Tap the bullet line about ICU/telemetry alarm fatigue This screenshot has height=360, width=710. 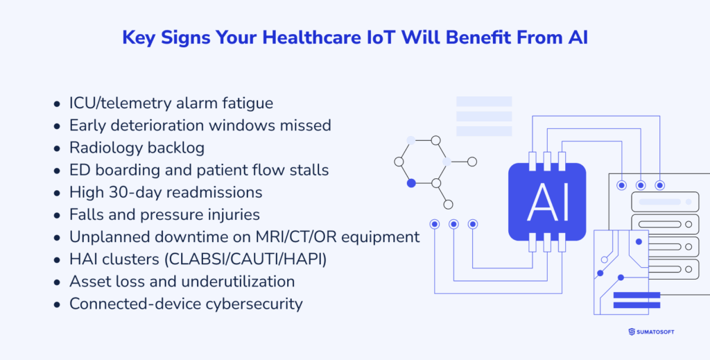[171, 103]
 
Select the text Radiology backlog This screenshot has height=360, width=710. [137, 148]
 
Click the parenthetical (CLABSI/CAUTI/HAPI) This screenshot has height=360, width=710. [245, 259]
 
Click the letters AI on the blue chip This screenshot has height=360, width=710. [547, 203]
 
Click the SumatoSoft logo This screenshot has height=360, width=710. [651, 332]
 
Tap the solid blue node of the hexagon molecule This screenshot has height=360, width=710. [411, 183]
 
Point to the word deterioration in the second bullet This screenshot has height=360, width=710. [157, 126]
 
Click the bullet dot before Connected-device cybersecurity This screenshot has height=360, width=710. [57, 305]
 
